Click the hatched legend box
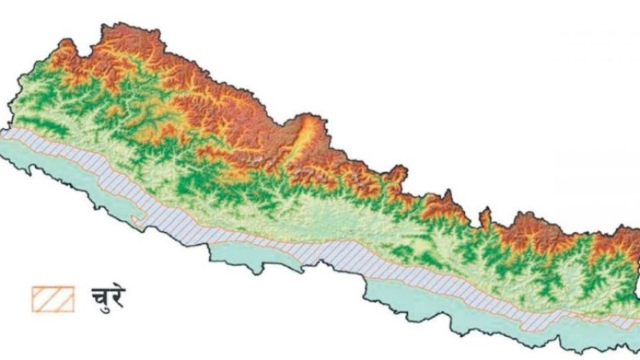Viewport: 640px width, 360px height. [x=53, y=298]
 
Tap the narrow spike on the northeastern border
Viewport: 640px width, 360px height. [x=484, y=215]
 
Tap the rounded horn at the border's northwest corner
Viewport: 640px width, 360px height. [x=64, y=46]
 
